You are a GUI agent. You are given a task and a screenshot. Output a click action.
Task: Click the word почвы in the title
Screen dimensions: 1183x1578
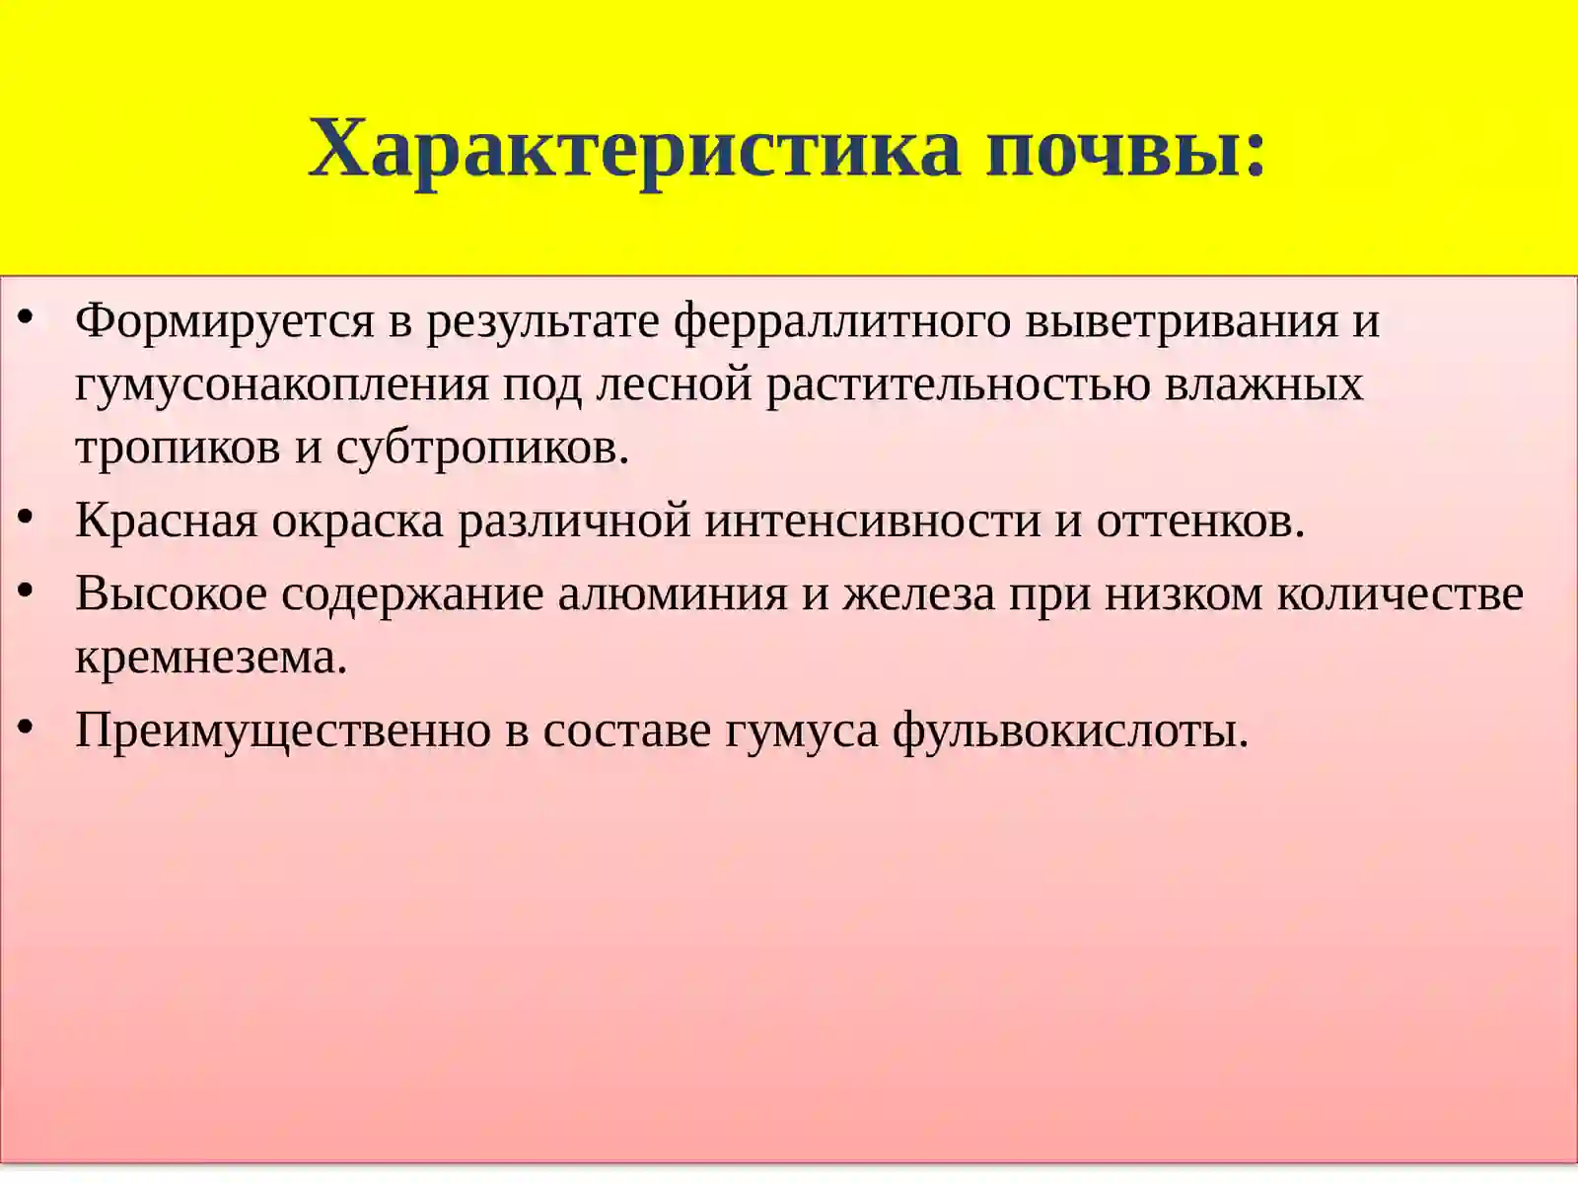point(1114,150)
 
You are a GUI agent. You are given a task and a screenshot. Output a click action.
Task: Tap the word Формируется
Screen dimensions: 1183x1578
point(225,321)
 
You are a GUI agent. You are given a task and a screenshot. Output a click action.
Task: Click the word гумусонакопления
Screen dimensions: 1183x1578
point(282,384)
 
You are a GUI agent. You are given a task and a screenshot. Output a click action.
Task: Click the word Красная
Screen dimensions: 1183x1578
point(166,521)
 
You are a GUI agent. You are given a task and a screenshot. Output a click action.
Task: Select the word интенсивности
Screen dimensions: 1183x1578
point(873,521)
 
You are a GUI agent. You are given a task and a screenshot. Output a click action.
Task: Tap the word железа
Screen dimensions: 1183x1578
point(918,594)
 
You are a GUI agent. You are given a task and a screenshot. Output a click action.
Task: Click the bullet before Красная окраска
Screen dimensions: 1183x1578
point(27,517)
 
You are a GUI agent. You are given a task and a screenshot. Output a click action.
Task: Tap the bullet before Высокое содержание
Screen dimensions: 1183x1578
point(27,591)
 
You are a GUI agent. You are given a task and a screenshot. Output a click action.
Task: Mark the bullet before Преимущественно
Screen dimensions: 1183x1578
point(27,728)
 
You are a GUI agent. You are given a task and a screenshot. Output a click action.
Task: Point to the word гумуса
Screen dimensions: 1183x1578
point(801,731)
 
